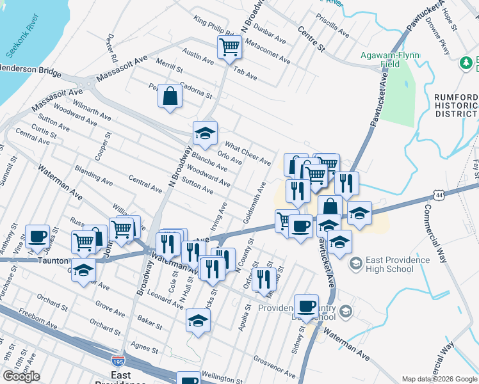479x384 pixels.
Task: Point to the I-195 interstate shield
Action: tap(118, 362)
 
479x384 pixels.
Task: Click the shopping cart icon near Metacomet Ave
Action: tap(229, 46)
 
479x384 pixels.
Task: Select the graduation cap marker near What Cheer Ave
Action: tap(205, 133)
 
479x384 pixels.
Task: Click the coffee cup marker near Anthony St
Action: tap(37, 236)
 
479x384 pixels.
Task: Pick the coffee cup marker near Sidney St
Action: tap(306, 306)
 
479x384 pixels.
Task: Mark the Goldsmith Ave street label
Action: tap(254, 202)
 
